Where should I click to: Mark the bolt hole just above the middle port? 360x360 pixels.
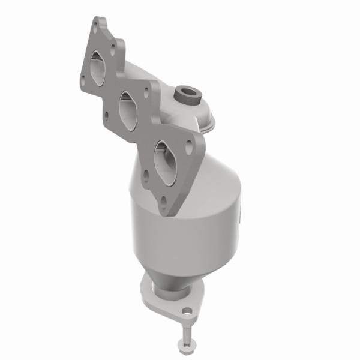[x=146, y=91]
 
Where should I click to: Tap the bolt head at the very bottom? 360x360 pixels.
[x=182, y=344]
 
